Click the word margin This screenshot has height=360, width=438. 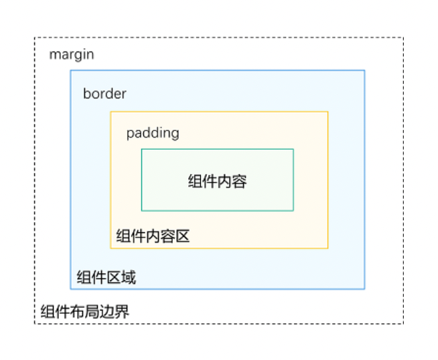coord(72,55)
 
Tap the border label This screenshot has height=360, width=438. coord(104,94)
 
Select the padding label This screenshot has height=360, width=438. coord(153,132)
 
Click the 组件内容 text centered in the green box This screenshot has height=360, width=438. coord(217,181)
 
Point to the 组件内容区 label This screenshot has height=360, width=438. coord(153,236)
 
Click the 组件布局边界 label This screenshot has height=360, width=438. coord(84,312)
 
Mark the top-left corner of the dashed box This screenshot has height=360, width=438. coord(35,37)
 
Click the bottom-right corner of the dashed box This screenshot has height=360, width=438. coord(403,324)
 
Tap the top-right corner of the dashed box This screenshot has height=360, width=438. coord(403,37)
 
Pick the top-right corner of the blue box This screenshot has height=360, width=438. coord(364,70)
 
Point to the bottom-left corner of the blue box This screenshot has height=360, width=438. coord(71,289)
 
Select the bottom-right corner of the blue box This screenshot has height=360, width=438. coord(364,289)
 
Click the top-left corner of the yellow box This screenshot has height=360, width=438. coord(111,112)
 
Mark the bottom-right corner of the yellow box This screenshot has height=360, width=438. coord(328,248)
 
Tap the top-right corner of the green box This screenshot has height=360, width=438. coord(293,149)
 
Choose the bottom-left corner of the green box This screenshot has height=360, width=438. coord(141,211)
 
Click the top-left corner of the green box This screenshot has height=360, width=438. coord(141,149)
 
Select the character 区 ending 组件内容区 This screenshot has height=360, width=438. coord(184,236)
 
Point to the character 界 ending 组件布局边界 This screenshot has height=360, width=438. coord(122,312)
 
